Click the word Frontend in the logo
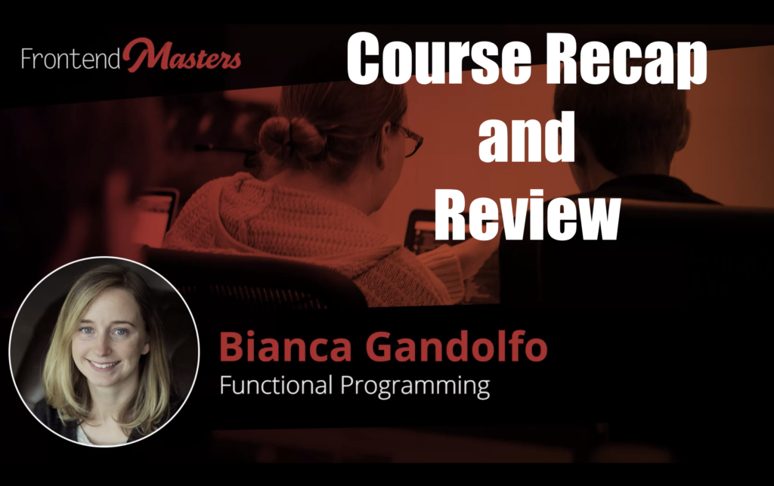[70, 59]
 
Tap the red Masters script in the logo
[182, 56]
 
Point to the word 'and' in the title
[527, 136]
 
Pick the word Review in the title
[527, 215]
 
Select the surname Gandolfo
[457, 346]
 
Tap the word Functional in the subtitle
[276, 385]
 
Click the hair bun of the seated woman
[291, 137]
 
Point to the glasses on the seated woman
[410, 141]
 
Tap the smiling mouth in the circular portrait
[104, 366]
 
